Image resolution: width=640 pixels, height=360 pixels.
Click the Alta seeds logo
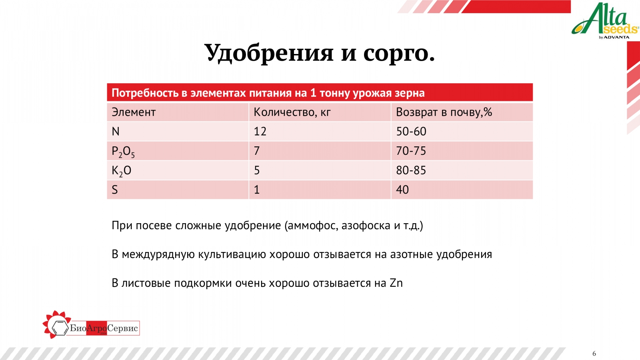(605, 21)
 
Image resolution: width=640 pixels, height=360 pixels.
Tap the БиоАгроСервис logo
(91, 326)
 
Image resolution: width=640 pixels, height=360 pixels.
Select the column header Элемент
(134, 112)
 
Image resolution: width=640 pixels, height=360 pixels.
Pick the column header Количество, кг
(292, 112)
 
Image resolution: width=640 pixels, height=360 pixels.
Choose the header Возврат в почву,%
(444, 112)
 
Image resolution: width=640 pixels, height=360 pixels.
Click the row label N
(116, 132)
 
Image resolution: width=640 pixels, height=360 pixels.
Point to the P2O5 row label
(123, 152)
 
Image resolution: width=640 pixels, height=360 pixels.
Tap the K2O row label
(122, 171)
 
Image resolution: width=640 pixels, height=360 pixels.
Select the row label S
(114, 190)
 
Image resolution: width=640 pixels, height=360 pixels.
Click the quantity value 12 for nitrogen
(260, 132)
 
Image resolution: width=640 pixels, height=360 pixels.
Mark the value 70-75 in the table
(411, 151)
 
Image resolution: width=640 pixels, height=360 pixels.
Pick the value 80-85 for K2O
(411, 170)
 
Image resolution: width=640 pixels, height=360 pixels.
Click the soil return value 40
(402, 190)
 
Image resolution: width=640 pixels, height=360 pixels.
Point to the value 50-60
(411, 132)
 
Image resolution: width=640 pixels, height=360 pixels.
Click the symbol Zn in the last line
(396, 283)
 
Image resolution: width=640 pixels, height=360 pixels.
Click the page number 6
(594, 354)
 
